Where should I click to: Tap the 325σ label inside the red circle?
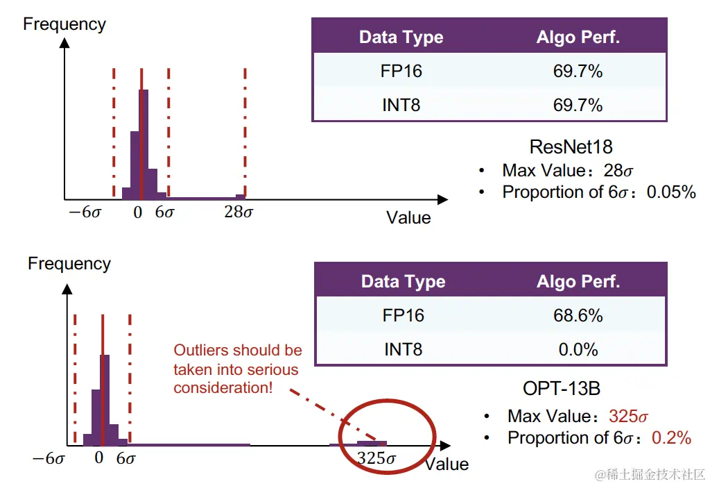click(376, 458)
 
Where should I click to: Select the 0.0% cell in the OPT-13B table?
click(578, 349)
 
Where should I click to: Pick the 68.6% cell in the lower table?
click(578, 315)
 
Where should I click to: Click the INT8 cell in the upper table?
click(401, 105)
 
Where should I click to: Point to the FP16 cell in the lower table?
click(403, 315)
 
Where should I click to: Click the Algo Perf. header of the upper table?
click(578, 37)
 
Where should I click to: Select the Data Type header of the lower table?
click(403, 282)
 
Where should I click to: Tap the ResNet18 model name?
click(571, 146)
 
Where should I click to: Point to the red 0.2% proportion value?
click(671, 437)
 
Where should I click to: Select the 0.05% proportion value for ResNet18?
click(671, 192)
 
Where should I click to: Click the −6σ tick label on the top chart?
click(85, 212)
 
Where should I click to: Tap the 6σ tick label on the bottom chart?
click(126, 458)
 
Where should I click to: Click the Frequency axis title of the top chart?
click(64, 24)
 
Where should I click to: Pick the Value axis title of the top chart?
click(408, 217)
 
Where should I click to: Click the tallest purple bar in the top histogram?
click(144, 142)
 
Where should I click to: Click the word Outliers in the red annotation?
click(201, 350)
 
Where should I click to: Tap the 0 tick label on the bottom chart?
click(99, 458)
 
